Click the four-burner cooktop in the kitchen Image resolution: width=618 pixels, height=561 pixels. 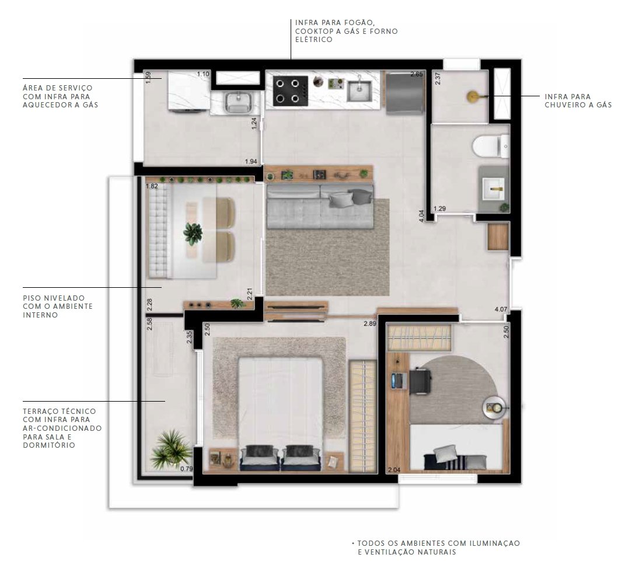click(x=291, y=91)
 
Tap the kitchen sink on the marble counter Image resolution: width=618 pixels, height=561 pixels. click(x=359, y=91)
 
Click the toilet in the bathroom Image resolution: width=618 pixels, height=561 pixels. click(x=491, y=146)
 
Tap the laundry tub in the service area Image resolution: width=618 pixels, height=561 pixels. click(x=238, y=102)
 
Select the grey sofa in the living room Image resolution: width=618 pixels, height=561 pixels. click(x=320, y=206)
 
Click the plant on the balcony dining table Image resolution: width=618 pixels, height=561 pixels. click(x=193, y=234)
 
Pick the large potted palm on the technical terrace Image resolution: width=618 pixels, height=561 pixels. click(x=170, y=450)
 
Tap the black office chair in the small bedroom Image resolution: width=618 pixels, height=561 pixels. click(x=420, y=381)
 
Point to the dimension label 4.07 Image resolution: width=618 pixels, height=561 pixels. click(x=501, y=309)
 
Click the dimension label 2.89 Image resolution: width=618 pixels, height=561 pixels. click(x=370, y=323)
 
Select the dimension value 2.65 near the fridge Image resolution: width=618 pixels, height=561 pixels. click(x=417, y=74)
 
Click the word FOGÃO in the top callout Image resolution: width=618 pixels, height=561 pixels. click(x=359, y=23)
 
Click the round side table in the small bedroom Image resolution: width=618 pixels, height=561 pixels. click(x=494, y=407)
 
